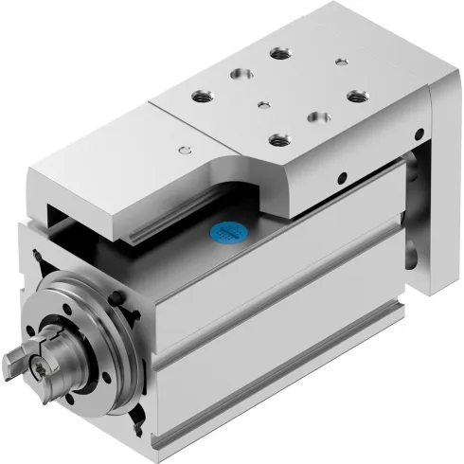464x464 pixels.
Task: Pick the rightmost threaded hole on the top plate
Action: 356,94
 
